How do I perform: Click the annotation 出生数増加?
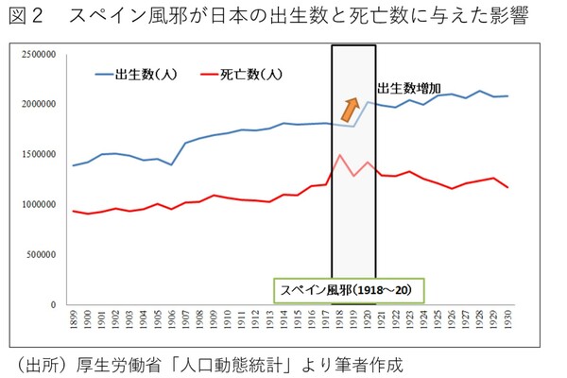408,88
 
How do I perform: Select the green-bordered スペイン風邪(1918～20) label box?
344,287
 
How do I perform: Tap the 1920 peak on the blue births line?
369,102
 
